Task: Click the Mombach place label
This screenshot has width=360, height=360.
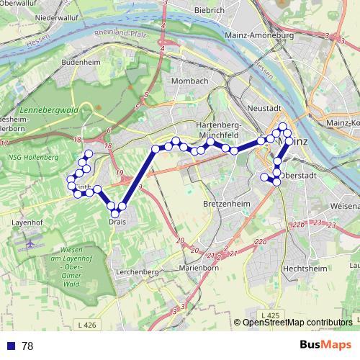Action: tap(190, 81)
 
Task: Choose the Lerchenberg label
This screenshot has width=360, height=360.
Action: tap(137, 271)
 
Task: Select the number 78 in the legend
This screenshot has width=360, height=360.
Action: tap(27, 346)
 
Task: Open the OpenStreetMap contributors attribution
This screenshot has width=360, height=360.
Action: tap(297, 323)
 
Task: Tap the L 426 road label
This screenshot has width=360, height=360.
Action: tap(85, 326)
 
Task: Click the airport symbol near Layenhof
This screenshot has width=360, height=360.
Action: tap(30, 243)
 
